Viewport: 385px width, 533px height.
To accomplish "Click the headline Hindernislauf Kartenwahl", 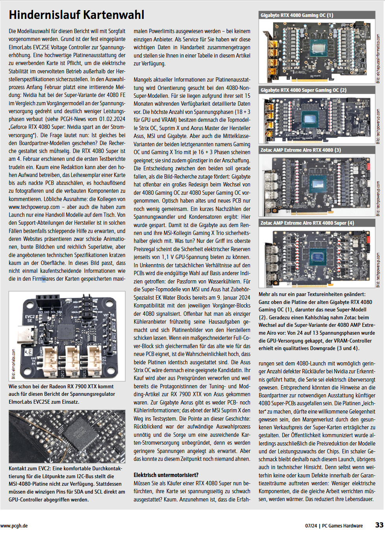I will [76, 15].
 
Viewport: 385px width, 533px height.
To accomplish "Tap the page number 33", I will [379, 525].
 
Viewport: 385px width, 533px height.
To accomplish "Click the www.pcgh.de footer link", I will [14, 526].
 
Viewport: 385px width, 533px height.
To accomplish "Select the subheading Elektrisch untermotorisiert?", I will [166, 475].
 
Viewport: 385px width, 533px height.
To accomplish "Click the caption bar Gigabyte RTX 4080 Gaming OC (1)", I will [297, 15].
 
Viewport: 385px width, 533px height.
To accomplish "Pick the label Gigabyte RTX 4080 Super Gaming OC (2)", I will [304, 90].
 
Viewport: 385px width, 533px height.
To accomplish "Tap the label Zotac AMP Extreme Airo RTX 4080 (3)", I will [301, 150].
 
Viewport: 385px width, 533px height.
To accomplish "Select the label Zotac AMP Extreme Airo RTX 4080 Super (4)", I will [307, 223].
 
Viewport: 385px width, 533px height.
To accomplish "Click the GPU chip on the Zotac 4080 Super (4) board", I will [314, 257].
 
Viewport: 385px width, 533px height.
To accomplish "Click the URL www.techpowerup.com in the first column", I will [34, 207].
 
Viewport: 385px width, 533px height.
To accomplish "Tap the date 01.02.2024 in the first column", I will [112, 119].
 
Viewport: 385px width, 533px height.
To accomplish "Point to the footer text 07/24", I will [311, 526].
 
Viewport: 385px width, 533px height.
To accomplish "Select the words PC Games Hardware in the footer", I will [342, 526].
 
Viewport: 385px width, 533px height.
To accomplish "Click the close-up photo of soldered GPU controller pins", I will [67, 436].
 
